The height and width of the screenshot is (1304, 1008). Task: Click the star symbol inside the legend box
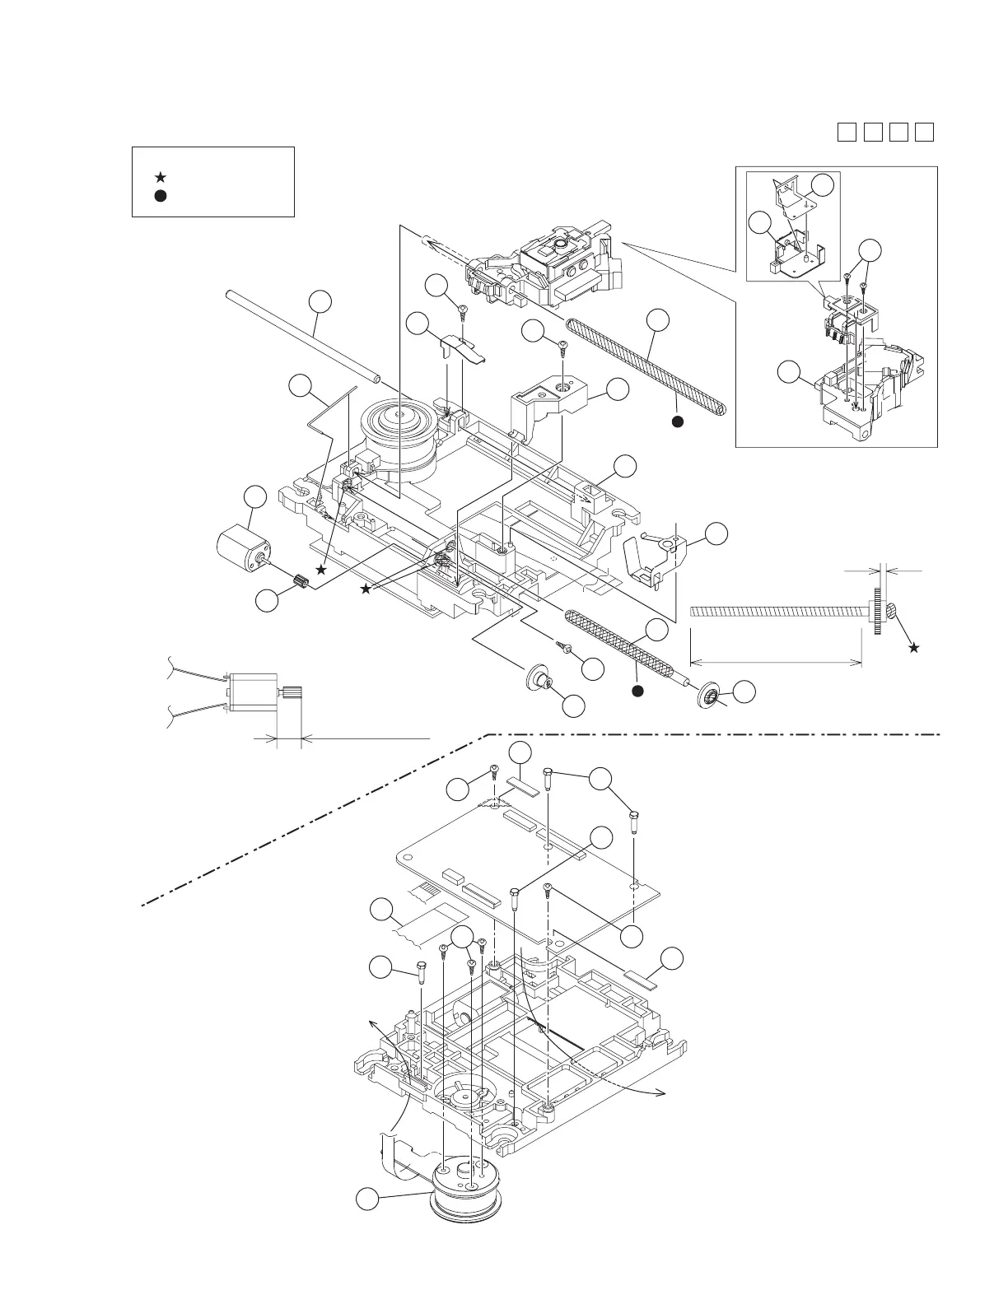pos(161,177)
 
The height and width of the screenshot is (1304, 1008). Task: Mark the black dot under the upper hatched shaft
pos(677,421)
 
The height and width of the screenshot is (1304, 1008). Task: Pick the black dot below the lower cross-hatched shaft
pos(637,690)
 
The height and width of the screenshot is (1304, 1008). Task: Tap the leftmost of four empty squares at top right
pos(846,132)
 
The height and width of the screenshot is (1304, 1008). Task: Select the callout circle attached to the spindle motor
pos(367,1200)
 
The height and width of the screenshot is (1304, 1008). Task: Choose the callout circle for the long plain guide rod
pos(321,301)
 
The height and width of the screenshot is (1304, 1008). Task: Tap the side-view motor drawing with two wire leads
pos(255,691)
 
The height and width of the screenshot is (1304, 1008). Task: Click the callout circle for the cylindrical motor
pos(255,497)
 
